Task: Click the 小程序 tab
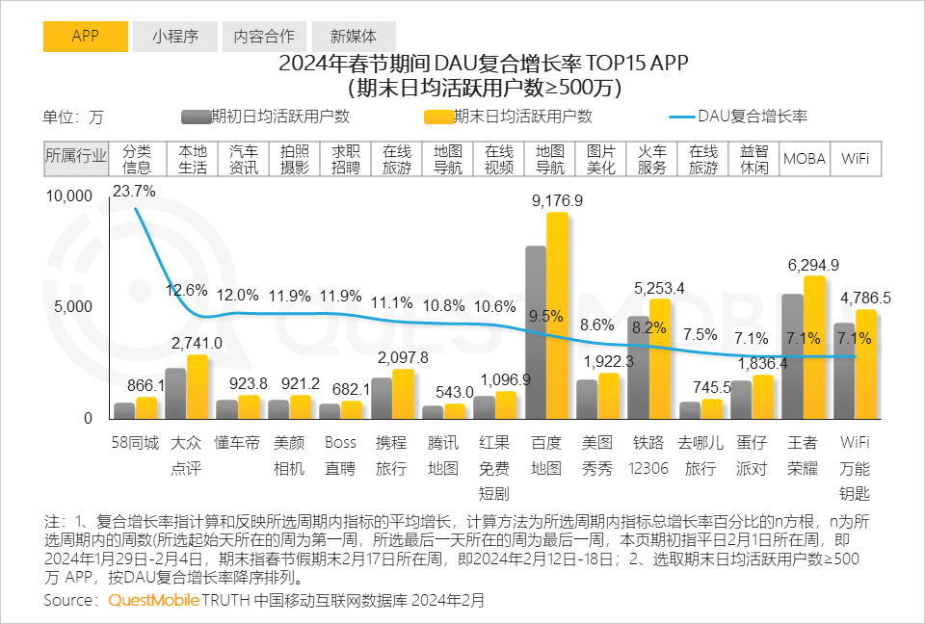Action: [x=175, y=37]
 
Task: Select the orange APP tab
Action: [x=85, y=37]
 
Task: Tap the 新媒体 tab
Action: [x=354, y=37]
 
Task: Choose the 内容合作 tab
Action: [x=264, y=37]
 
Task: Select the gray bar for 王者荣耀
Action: [x=792, y=356]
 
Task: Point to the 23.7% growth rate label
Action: [x=134, y=192]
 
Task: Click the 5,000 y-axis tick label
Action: [x=73, y=307]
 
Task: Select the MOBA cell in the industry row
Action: [x=805, y=159]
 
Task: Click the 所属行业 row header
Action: [x=77, y=159]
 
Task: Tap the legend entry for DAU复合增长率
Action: [x=751, y=117]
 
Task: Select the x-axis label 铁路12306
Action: [x=648, y=455]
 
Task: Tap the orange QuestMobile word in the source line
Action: [x=153, y=600]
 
